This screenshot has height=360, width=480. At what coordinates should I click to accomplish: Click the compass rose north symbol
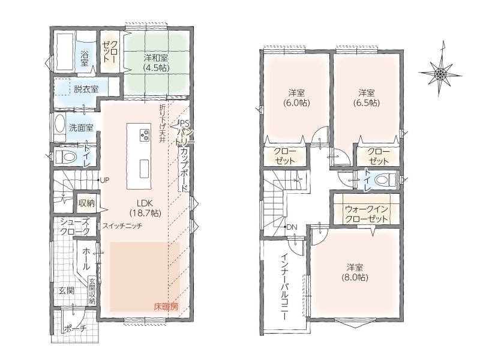pyautogui.click(x=440, y=73)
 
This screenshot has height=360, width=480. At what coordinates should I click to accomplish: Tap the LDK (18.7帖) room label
pyautogui.click(x=145, y=208)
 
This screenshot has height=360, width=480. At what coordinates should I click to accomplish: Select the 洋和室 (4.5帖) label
pyautogui.click(x=156, y=62)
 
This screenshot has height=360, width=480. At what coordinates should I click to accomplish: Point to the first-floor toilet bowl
pyautogui.click(x=66, y=157)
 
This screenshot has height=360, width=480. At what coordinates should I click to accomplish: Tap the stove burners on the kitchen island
pyautogui.click(x=145, y=136)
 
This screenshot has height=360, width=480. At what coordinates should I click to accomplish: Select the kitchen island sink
pyautogui.click(x=145, y=169)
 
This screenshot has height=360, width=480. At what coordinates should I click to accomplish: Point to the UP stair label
pyautogui.click(x=104, y=181)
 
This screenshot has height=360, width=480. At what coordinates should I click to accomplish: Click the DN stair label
pyautogui.click(x=292, y=227)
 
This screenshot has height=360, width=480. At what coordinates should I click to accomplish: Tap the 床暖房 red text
pyautogui.click(x=166, y=307)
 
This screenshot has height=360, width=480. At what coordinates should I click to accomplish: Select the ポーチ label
pyautogui.click(x=76, y=329)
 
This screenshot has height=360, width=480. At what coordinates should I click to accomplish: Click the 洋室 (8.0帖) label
pyautogui.click(x=355, y=272)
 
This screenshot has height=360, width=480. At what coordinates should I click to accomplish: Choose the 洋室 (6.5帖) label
pyautogui.click(x=367, y=97)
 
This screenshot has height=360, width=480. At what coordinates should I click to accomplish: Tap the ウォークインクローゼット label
pyautogui.click(x=367, y=214)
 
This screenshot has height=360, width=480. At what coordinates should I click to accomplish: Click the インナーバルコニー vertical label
pyautogui.click(x=284, y=287)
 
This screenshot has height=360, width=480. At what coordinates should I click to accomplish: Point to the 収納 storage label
pyautogui.click(x=86, y=203)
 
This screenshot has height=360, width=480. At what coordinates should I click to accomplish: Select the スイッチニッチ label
pyautogui.click(x=122, y=226)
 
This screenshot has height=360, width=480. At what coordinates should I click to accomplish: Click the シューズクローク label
pyautogui.click(x=75, y=227)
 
